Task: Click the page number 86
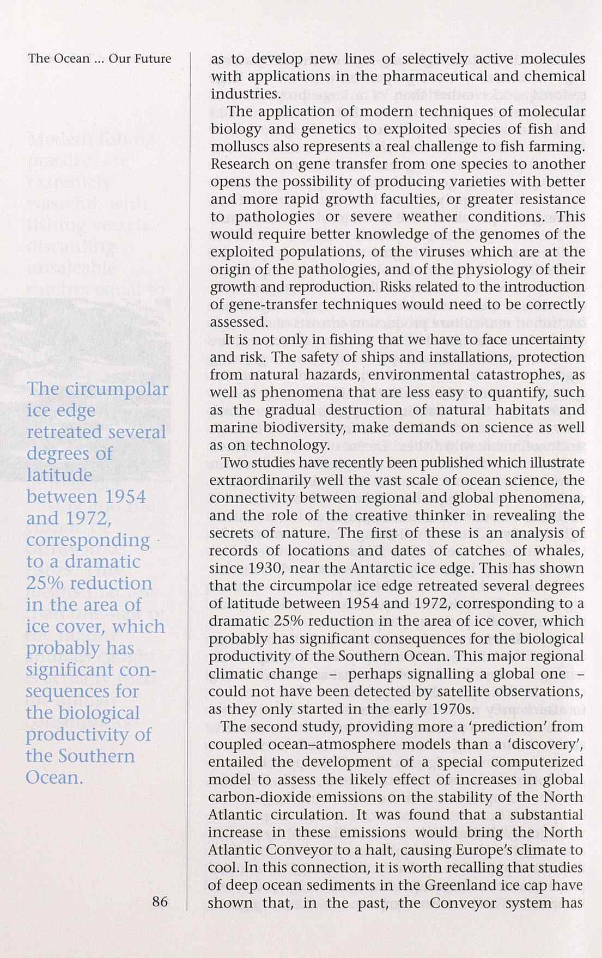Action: [x=160, y=902]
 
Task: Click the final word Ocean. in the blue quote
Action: [x=54, y=777]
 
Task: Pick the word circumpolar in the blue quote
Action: [x=117, y=390]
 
